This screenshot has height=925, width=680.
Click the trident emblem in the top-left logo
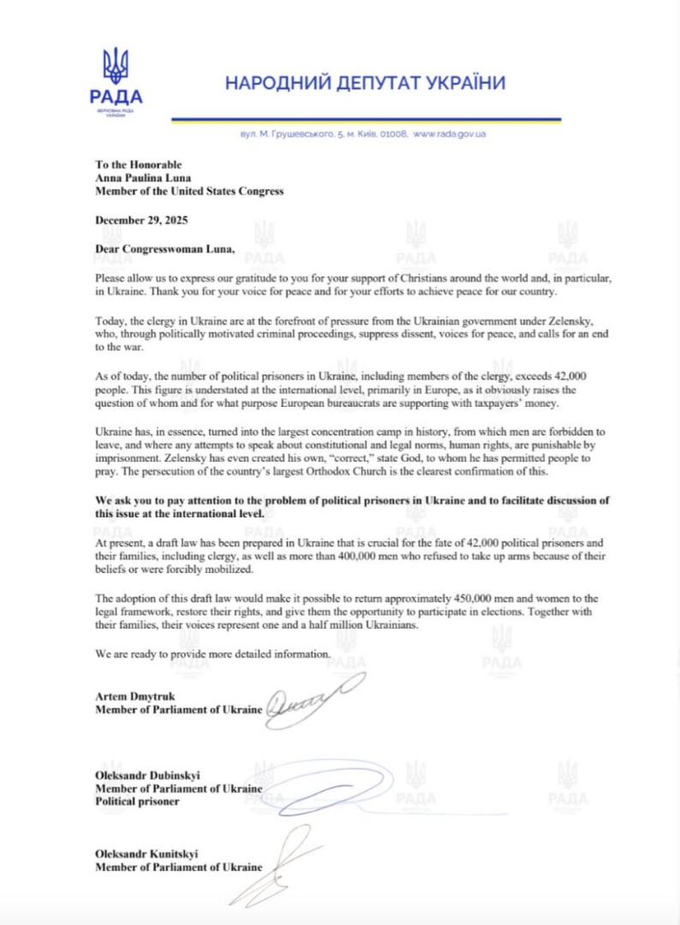coord(116,66)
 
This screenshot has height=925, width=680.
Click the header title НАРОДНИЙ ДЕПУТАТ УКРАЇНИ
coord(365,83)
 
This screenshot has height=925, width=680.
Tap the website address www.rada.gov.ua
coord(450,134)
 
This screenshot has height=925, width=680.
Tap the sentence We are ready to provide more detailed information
coord(212,654)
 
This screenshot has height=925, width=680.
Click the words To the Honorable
coord(138,164)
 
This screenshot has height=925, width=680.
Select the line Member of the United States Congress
coord(189,191)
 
